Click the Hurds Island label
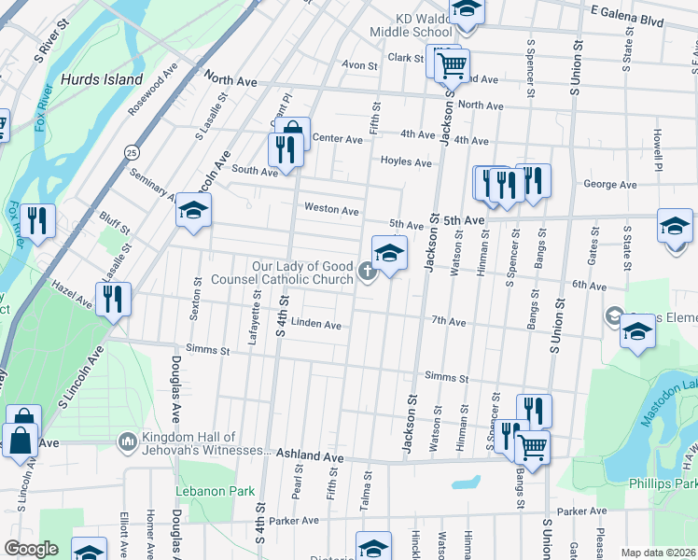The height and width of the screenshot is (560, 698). (x=102, y=79)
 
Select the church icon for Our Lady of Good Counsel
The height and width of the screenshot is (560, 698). (x=368, y=272)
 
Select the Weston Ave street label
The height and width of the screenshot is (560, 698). (x=331, y=210)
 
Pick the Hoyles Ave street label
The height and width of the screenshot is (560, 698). (x=405, y=162)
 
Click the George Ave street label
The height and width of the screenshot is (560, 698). (x=609, y=185)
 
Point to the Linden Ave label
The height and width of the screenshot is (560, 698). (x=315, y=325)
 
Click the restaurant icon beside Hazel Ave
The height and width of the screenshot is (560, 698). (x=113, y=299)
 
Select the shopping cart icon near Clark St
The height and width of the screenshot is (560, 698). (x=452, y=64)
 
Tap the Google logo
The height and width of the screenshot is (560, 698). (x=30, y=549)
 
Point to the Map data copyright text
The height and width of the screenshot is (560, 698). (x=658, y=553)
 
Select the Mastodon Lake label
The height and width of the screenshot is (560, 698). (x=674, y=393)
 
